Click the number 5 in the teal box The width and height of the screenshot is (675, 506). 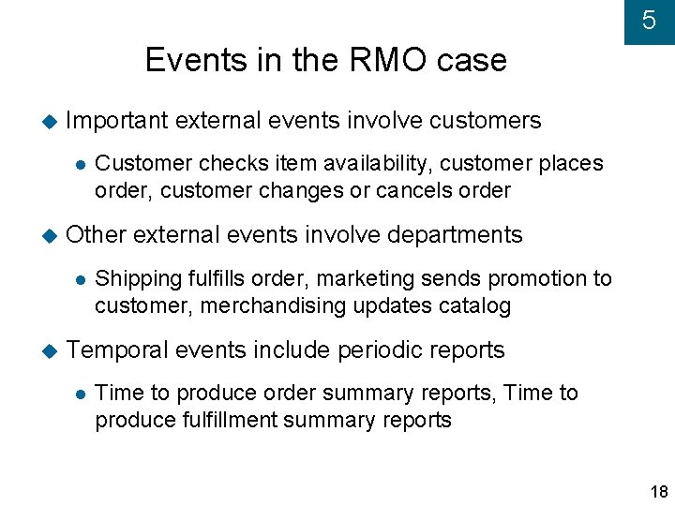coord(649,21)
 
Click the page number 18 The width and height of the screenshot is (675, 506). coord(658,492)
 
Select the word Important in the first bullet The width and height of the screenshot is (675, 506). coord(117,121)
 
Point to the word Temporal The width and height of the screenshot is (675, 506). coord(117,350)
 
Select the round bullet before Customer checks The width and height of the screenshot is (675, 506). coord(81,164)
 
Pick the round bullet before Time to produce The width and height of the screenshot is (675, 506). coord(81,394)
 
